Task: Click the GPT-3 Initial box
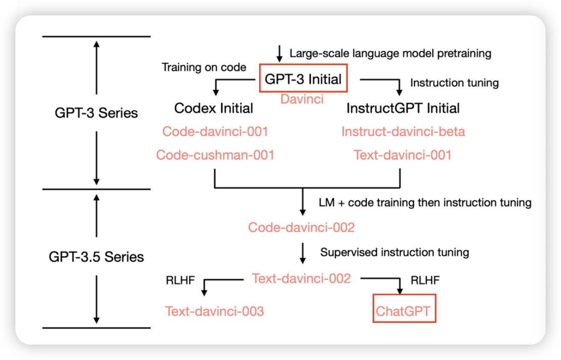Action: pyautogui.click(x=304, y=79)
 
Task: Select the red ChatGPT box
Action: pyautogui.click(x=404, y=309)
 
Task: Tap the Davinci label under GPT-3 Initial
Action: pyautogui.click(x=302, y=99)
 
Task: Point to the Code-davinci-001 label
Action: pyautogui.click(x=215, y=131)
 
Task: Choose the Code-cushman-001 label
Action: pyautogui.click(x=215, y=154)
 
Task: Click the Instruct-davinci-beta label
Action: pyautogui.click(x=403, y=131)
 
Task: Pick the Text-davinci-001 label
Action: pyautogui.click(x=402, y=154)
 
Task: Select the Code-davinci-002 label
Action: pyautogui.click(x=301, y=227)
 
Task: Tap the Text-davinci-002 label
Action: pyautogui.click(x=301, y=278)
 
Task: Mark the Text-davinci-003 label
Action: pyautogui.click(x=215, y=311)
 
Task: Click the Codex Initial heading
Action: pyautogui.click(x=213, y=108)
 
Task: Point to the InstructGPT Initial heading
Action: pyautogui.click(x=403, y=108)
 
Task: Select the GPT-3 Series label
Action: pyautogui.click(x=96, y=113)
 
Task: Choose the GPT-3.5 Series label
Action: pyautogui.click(x=96, y=257)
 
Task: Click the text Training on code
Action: pyautogui.click(x=204, y=67)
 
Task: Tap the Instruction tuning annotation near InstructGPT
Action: pyautogui.click(x=454, y=83)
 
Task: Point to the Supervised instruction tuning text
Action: pyautogui.click(x=394, y=252)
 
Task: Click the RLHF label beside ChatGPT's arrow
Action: pyautogui.click(x=425, y=280)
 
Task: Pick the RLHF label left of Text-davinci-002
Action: pyautogui.click(x=180, y=280)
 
